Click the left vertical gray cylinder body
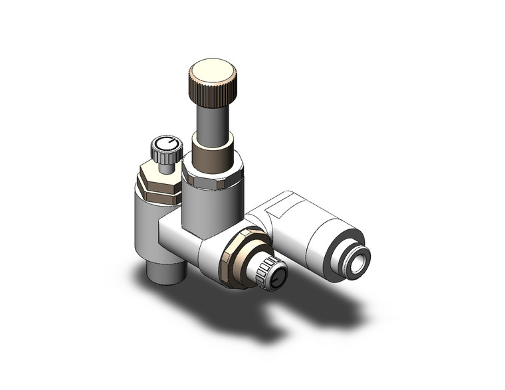(x=153, y=226)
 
